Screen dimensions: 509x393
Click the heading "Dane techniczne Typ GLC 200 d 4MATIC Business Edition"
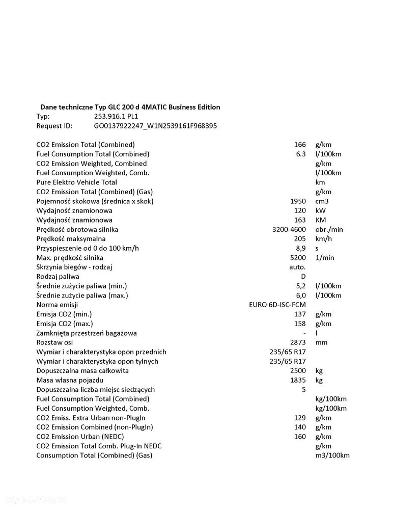tap(130, 107)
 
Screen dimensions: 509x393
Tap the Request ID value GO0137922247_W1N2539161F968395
tap(149, 126)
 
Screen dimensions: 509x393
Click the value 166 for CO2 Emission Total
tap(300, 145)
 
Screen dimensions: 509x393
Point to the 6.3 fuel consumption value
tap(301, 154)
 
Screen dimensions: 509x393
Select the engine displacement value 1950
tap(298, 201)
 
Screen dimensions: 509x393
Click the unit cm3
tap(322, 201)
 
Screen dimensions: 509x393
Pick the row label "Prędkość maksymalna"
tap(71, 238)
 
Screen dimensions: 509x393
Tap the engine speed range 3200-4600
tap(289, 229)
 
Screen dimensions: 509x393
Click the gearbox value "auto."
tap(297, 267)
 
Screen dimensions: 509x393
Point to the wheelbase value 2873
tap(298, 342)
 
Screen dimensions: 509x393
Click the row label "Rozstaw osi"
tap(55, 342)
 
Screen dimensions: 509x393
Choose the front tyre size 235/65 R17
tap(288, 352)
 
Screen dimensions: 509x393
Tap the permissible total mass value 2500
tap(298, 370)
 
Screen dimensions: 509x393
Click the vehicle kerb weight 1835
tap(298, 380)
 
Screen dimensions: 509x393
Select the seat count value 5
tap(303, 390)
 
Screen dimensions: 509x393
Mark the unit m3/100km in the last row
tap(332, 456)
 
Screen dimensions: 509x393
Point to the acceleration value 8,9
tap(301, 248)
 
